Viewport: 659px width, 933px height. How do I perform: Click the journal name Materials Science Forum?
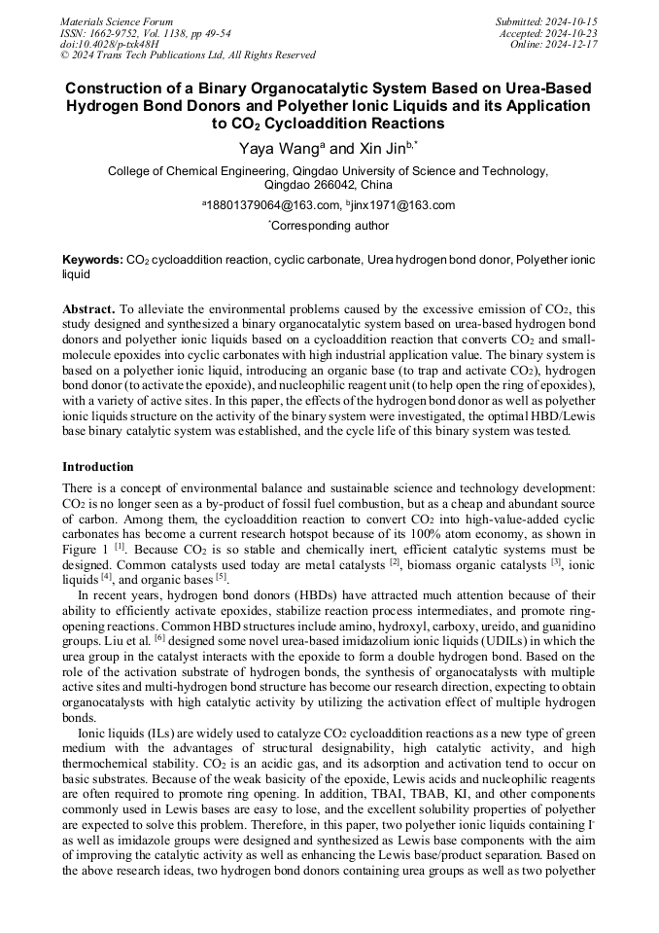(x=117, y=21)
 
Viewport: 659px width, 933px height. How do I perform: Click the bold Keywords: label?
(x=93, y=261)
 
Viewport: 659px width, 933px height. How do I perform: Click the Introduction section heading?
(x=98, y=467)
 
